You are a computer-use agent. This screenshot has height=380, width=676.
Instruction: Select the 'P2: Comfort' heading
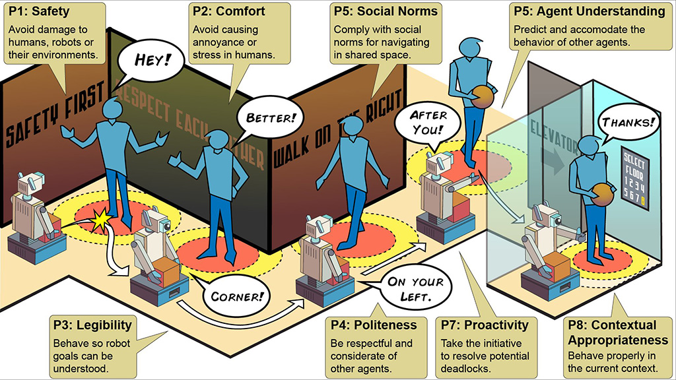[228, 11]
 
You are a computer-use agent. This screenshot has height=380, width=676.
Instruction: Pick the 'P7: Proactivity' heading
[487, 325]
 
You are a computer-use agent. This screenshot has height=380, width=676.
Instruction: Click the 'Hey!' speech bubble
[152, 59]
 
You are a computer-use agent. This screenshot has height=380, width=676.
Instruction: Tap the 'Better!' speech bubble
[271, 119]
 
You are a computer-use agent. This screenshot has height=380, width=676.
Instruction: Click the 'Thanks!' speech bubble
[629, 122]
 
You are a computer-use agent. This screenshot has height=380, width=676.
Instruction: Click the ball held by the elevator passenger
[601, 197]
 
